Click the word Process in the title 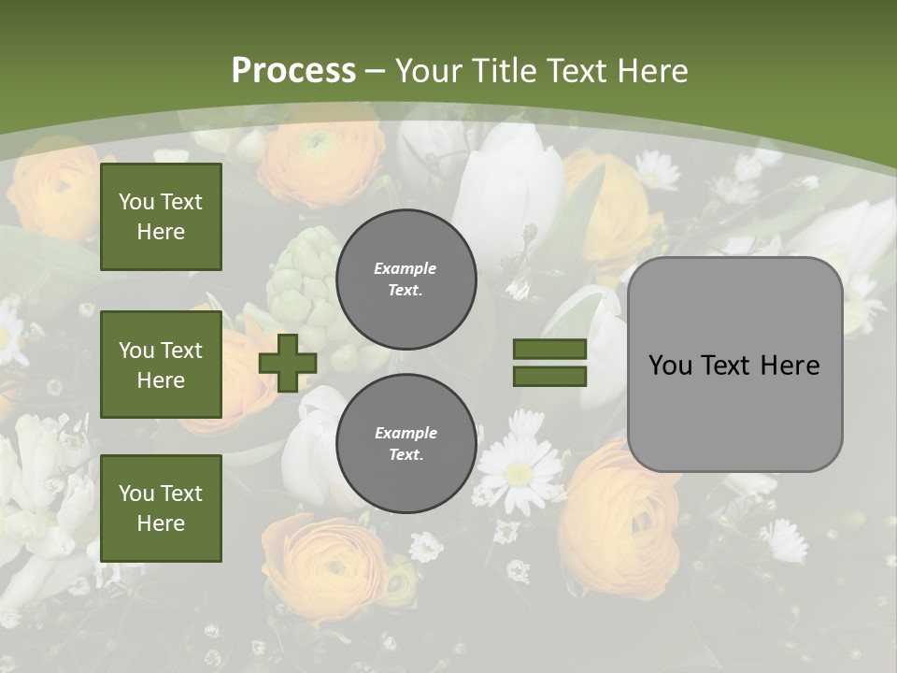click(293, 71)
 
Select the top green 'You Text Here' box click(161, 217)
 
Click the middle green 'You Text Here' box click(161, 365)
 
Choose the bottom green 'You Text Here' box click(161, 508)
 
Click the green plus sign click(288, 363)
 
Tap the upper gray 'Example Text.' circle click(406, 279)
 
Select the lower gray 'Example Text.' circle click(406, 444)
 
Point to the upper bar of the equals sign click(549, 349)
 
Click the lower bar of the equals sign click(549, 376)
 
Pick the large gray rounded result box click(734, 365)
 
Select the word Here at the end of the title click(651, 71)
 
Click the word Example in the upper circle click(406, 268)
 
